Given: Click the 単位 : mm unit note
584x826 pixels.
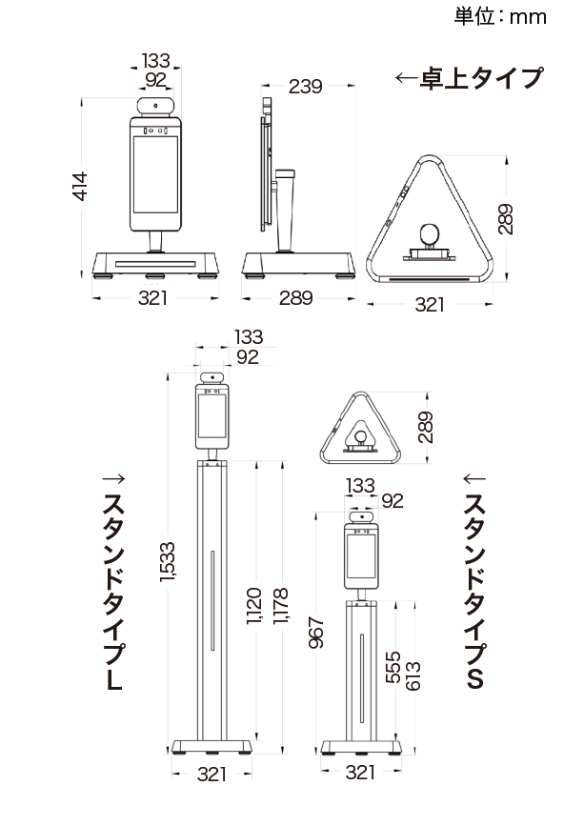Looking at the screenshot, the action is tap(500, 16).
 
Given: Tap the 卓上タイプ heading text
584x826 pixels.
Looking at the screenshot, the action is tap(481, 78).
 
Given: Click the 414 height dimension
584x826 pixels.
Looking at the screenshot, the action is tap(79, 186).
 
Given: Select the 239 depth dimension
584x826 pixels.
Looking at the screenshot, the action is tap(306, 86).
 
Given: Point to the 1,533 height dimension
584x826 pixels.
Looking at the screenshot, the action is tap(168, 562).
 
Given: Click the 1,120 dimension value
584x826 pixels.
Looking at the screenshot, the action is tap(253, 606).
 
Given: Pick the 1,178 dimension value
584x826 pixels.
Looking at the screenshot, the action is tap(280, 606).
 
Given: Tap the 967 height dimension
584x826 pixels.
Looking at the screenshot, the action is tap(316, 633).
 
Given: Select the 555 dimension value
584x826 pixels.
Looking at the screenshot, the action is tap(393, 668).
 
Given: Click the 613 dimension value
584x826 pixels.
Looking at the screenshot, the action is tap(413, 675).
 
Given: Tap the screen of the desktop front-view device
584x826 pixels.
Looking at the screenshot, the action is tap(155, 174).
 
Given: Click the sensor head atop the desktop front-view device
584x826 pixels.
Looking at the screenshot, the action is tap(155, 106).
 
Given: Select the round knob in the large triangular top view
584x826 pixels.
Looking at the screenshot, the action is tap(430, 233).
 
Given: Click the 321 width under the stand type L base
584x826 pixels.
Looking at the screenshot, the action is tap(211, 774).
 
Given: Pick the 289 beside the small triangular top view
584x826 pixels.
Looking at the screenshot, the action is tap(425, 427).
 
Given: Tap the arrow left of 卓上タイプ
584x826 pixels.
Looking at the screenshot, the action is tap(406, 78).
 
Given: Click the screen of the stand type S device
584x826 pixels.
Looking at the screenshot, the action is tap(361, 555).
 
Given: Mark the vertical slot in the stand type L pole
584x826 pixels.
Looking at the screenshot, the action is tap(212, 600).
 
